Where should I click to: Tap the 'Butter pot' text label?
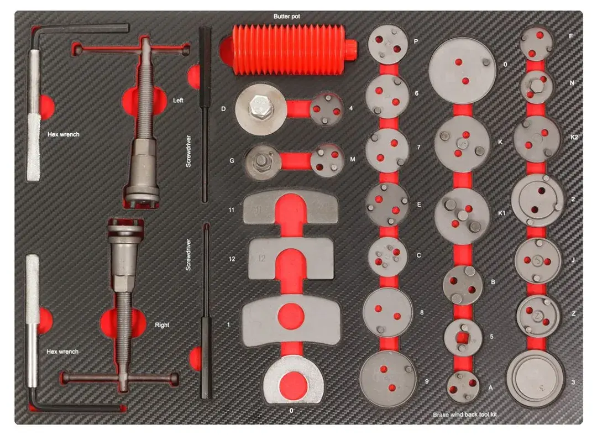[287, 17]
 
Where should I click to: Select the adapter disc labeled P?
[387, 44]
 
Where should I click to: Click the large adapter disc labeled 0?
[462, 71]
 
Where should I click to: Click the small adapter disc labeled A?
[463, 386]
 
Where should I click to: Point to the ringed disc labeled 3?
[535, 379]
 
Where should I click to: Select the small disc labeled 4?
[326, 109]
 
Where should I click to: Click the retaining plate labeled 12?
[291, 259]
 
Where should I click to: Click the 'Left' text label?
[178, 101]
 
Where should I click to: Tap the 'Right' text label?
[162, 325]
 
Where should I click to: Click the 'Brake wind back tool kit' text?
[465, 415]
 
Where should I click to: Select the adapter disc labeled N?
[536, 87]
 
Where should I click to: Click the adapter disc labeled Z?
[538, 316]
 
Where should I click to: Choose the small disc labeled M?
[327, 161]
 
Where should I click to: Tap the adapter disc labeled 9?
[388, 378]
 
